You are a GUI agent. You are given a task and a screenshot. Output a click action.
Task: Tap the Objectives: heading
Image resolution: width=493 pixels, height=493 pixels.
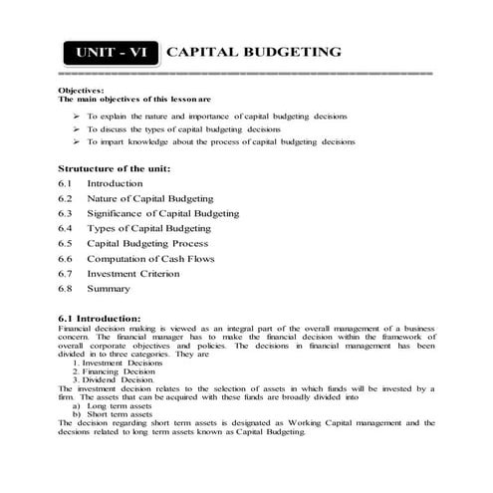click(x=81, y=91)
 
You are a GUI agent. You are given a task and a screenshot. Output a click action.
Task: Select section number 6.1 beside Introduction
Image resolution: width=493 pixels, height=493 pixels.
click(x=66, y=184)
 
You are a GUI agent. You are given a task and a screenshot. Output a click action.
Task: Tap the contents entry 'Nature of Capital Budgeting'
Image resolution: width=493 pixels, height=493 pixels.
click(x=149, y=199)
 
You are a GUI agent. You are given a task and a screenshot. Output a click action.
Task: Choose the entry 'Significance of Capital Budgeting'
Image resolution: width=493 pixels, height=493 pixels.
click(x=162, y=214)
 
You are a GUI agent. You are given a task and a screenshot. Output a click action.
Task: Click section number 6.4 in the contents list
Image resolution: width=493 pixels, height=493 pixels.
click(x=66, y=229)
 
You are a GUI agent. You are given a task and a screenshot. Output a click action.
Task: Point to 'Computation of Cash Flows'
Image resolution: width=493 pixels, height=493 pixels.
click(x=149, y=259)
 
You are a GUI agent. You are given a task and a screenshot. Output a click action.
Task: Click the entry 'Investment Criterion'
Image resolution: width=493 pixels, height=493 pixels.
click(x=133, y=274)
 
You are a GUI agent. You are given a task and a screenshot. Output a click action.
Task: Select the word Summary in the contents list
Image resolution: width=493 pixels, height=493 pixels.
click(x=108, y=289)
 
